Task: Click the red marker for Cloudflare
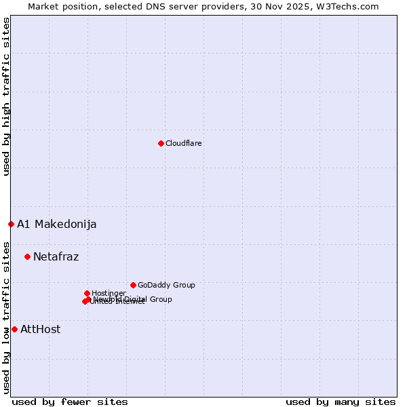point(161,143)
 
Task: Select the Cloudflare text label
point(183,143)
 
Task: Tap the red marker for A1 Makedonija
point(11,224)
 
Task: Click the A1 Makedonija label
point(56,225)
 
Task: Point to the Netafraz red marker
point(27,256)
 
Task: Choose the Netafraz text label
point(56,256)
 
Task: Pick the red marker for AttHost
point(14,329)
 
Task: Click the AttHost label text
point(40,330)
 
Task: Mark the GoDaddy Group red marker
point(133,285)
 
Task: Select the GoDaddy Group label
point(166,285)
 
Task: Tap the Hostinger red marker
point(87,293)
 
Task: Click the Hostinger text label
point(109,293)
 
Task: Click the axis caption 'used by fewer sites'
point(70,402)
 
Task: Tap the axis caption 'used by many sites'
point(341,402)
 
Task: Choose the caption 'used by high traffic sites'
point(6,96)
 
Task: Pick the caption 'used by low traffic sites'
point(6,317)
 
